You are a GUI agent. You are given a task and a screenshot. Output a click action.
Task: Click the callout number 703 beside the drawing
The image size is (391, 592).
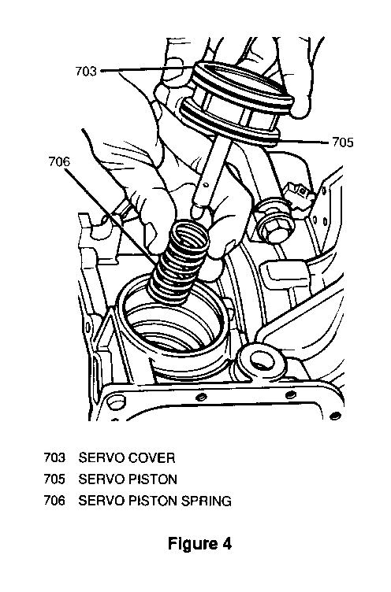click(x=86, y=71)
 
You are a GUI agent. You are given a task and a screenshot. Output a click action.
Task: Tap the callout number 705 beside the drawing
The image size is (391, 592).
click(x=343, y=142)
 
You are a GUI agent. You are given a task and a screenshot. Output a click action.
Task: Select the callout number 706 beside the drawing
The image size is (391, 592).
click(x=59, y=161)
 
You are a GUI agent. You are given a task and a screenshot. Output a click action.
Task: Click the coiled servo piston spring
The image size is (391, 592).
click(x=180, y=261)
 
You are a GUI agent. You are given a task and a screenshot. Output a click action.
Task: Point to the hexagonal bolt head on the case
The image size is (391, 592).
click(x=276, y=230)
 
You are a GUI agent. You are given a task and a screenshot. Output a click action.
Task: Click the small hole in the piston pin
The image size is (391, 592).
click(x=205, y=185)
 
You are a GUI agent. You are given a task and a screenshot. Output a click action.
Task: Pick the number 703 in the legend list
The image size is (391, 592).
click(x=54, y=458)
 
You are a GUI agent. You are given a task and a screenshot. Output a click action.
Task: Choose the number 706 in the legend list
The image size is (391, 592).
click(x=54, y=501)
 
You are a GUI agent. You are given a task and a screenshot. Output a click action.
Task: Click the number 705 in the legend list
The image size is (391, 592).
click(x=54, y=479)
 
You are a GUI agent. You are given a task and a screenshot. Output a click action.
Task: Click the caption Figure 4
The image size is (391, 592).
click(x=199, y=545)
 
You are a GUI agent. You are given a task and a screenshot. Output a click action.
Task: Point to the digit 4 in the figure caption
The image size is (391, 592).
click(x=226, y=544)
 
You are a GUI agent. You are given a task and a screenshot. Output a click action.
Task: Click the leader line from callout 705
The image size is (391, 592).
click(x=302, y=142)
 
